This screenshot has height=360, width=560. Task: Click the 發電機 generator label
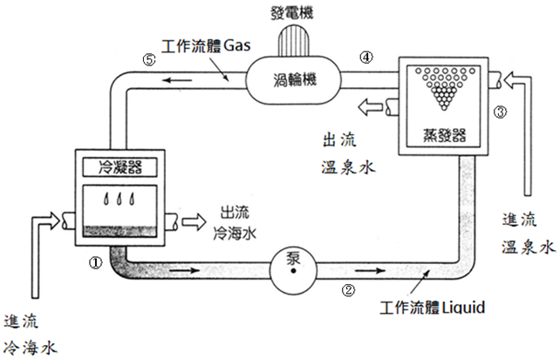tap(292, 13)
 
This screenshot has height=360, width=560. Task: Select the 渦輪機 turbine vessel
tap(293, 79)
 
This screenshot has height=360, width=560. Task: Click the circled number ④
tap(366, 57)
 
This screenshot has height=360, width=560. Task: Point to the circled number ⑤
tap(149, 59)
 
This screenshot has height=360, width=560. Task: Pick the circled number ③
tap(500, 112)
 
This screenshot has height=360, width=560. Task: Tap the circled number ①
tap(95, 263)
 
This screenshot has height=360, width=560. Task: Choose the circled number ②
tap(349, 290)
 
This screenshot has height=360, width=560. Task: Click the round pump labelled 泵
tap(293, 269)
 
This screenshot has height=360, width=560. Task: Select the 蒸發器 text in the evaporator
tap(444, 136)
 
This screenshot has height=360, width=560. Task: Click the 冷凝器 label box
tap(120, 167)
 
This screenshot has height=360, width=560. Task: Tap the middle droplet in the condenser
tap(120, 199)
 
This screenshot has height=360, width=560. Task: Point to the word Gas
tap(236, 45)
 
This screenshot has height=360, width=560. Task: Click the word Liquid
tap(463, 307)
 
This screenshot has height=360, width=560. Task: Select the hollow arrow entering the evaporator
tap(516, 81)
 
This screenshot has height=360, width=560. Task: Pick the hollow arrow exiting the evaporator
tap(371, 107)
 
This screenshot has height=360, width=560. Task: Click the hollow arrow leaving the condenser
tap(194, 222)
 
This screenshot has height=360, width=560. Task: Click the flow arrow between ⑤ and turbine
tap(177, 79)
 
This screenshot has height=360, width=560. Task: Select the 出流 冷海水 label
tap(235, 223)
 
